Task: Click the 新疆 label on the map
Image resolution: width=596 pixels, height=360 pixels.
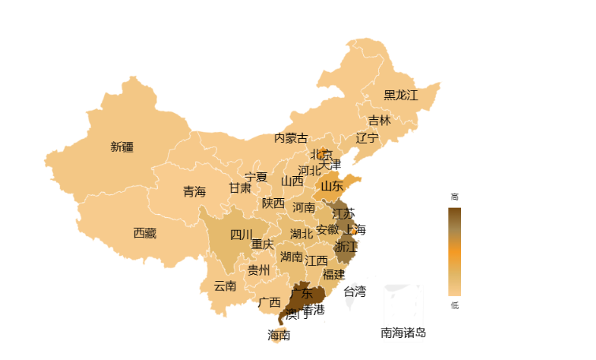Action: pyautogui.click(x=122, y=146)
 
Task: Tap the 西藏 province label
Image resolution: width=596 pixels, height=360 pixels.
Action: pyautogui.click(x=144, y=233)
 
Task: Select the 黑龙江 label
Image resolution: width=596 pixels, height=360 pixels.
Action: pyautogui.click(x=401, y=95)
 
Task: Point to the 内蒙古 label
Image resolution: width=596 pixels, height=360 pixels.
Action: pyautogui.click(x=291, y=138)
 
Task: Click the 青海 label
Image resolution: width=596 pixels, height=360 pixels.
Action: pyautogui.click(x=194, y=191)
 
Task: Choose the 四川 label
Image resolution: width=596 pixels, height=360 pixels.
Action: pyautogui.click(x=242, y=234)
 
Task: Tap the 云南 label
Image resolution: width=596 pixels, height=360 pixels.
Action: pyautogui.click(x=225, y=286)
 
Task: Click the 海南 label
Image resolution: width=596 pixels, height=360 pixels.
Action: pyautogui.click(x=279, y=335)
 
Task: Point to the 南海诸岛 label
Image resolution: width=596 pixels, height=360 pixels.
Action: pyautogui.click(x=403, y=332)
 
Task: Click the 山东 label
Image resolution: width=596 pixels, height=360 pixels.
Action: pyautogui.click(x=332, y=186)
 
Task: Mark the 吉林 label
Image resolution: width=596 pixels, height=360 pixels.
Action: pyautogui.click(x=379, y=120)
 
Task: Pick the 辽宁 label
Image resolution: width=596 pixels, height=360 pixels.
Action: pyautogui.click(x=367, y=137)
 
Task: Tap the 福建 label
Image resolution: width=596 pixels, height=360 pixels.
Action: pyautogui.click(x=334, y=274)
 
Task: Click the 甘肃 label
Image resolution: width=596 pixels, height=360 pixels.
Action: pyautogui.click(x=240, y=188)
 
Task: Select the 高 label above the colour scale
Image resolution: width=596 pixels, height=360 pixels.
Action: pyautogui.click(x=454, y=197)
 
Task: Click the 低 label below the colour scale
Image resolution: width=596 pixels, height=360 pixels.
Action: pyautogui.click(x=454, y=305)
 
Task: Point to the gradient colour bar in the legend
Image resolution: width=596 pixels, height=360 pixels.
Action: pyautogui.click(x=454, y=251)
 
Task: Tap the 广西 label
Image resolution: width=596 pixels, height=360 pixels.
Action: pyautogui.click(x=269, y=302)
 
